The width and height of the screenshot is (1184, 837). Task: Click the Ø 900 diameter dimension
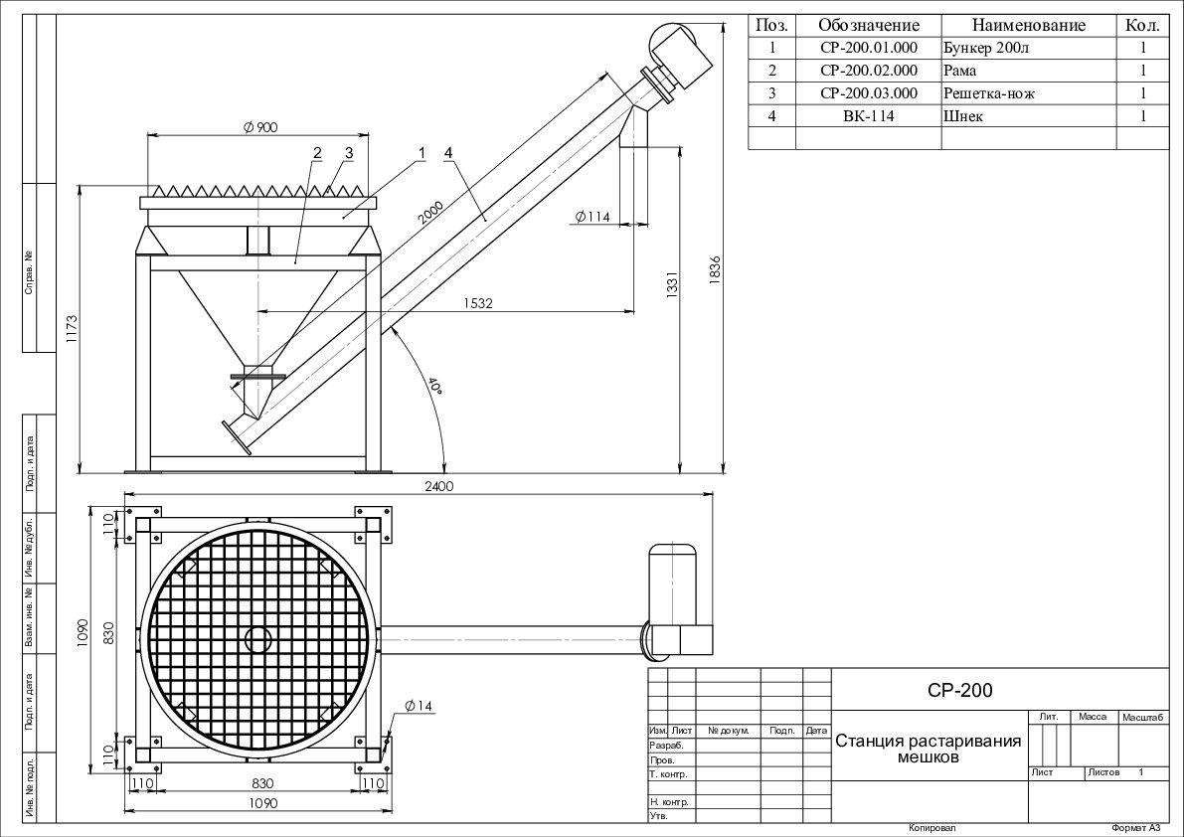point(259,126)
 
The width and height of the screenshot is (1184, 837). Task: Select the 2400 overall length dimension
point(438,487)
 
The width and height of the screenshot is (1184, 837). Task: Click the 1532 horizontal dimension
point(478,302)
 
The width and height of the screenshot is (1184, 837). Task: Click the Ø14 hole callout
point(419,706)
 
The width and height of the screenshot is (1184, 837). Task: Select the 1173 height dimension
point(70,327)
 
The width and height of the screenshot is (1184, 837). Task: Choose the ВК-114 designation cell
point(868,116)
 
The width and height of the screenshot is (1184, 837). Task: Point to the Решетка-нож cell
point(989,93)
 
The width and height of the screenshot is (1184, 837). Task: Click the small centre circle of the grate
point(257,638)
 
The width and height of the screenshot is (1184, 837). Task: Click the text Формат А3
point(1135,828)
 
